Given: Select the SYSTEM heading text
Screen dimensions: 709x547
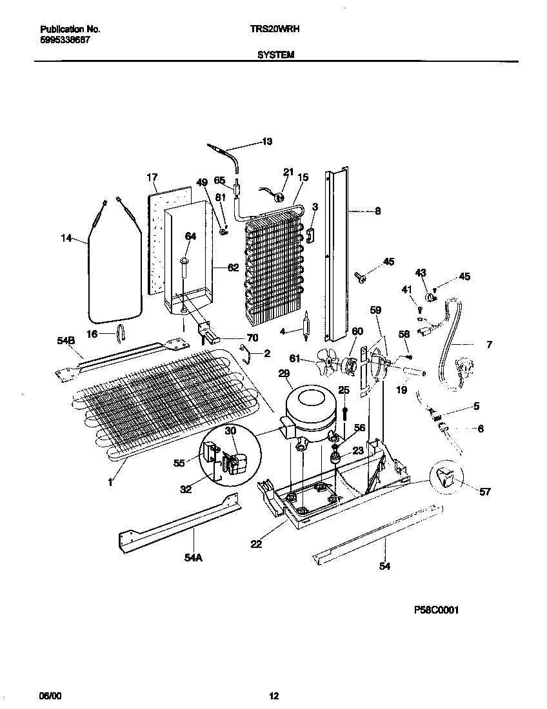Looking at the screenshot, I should pos(275,55).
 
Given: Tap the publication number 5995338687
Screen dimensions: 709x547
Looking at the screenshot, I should pos(65,39).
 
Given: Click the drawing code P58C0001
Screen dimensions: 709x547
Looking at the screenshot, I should pos(436,609).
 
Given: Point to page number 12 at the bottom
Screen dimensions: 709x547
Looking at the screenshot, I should pos(273,695).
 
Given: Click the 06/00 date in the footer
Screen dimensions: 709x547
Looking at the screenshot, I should pos(49,695).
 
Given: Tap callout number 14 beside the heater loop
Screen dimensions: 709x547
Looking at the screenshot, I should pos(66,239).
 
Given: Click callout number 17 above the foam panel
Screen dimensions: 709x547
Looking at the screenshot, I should pos(152,177).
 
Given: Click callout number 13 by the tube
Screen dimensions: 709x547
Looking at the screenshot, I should pos(267,141).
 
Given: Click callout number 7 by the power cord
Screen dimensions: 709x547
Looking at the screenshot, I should pos(489,345).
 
